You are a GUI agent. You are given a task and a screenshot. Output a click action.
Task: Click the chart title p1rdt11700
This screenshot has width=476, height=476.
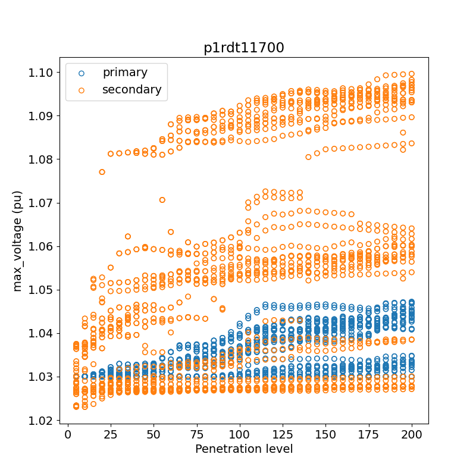click(244, 48)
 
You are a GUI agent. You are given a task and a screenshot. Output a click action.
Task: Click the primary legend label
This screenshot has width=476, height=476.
click(125, 73)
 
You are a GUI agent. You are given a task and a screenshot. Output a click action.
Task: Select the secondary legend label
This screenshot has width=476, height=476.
click(131, 90)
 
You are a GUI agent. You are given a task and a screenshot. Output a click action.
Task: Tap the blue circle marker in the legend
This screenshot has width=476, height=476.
click(82, 73)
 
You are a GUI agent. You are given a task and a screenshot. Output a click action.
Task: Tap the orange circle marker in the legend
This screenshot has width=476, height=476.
click(82, 90)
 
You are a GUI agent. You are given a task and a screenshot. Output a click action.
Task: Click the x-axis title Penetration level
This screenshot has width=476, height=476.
click(244, 449)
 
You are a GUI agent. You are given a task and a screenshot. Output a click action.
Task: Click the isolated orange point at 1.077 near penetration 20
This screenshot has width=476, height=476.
click(102, 172)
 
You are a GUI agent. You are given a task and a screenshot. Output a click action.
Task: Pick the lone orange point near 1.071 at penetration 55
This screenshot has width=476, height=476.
click(162, 200)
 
